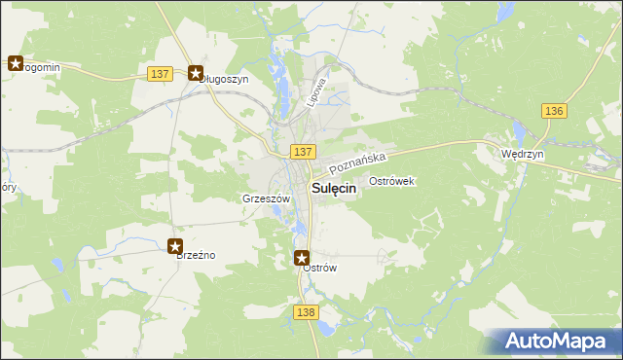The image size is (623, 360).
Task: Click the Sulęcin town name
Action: pos(333,190)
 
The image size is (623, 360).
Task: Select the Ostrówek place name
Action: pos(392,181)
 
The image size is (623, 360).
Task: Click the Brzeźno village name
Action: pos(195,255)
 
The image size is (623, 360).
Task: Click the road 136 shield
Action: pos(554,111)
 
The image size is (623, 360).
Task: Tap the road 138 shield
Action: pos(305,311)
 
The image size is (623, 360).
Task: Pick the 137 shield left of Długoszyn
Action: pos(162,74)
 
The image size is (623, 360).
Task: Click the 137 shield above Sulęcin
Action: pos(302,152)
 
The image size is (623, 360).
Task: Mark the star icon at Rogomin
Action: pos(16,64)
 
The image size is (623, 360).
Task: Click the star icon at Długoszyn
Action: pos(196,72)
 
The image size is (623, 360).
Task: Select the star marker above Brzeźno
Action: pos(175,246)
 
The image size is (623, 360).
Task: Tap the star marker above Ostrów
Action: pos(303,258)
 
